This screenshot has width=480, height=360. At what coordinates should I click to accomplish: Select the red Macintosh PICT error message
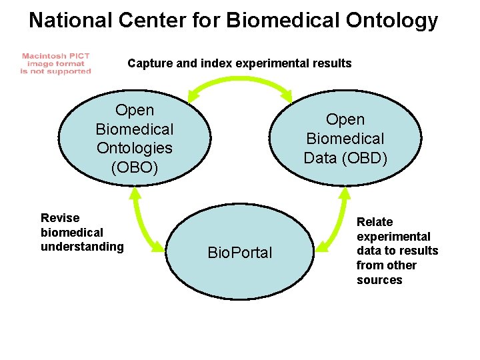click(x=55, y=64)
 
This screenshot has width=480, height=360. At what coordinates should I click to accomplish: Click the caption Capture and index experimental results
click(x=239, y=63)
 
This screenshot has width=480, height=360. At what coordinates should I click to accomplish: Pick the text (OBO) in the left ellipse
click(x=134, y=167)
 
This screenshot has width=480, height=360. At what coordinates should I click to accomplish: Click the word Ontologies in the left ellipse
click(x=134, y=148)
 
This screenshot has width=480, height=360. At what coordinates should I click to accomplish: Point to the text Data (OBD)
click(x=345, y=158)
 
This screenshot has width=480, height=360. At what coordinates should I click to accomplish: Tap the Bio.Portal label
click(x=240, y=253)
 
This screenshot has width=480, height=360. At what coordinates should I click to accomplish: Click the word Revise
click(x=60, y=218)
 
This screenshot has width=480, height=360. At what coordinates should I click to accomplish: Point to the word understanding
click(x=82, y=247)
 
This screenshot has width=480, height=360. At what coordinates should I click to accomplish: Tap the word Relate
click(x=375, y=222)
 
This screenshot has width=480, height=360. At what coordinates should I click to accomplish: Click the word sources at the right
click(x=379, y=280)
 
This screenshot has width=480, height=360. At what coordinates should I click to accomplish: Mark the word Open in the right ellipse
click(x=345, y=119)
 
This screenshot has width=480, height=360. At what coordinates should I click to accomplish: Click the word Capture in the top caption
click(x=148, y=63)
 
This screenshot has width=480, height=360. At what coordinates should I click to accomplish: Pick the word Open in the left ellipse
click(x=134, y=110)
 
